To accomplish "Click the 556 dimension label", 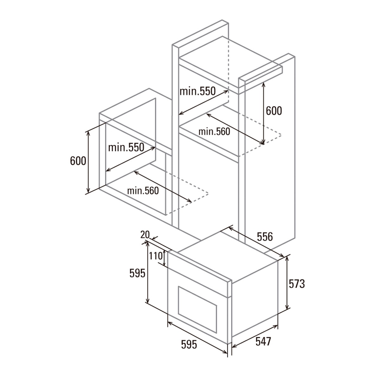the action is [265, 237].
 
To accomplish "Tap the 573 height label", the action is [297, 284].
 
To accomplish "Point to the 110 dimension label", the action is [155, 256].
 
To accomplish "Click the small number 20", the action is [145, 234].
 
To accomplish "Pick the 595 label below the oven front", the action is [189, 345].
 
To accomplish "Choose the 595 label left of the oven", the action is [137, 273].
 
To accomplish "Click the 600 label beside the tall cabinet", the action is [274, 111].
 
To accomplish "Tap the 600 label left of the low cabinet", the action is [78, 161].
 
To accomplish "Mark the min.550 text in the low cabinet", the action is [126, 147].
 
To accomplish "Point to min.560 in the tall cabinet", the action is [214, 131].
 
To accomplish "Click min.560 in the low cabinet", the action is [143, 191].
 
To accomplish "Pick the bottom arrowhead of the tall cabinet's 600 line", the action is [263, 142].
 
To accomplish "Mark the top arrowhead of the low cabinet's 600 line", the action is [88, 133].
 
